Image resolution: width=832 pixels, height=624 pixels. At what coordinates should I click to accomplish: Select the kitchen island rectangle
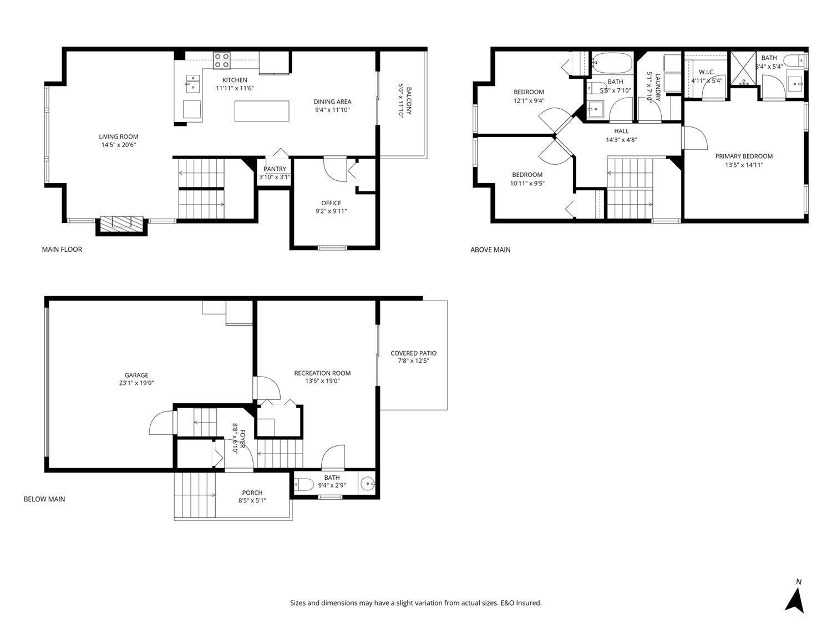click(262, 111)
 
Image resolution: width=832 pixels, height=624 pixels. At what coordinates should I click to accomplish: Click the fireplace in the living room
click(122, 224)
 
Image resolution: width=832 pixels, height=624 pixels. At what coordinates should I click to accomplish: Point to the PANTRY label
click(275, 169)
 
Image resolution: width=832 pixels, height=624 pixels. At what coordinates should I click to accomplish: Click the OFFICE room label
click(331, 203)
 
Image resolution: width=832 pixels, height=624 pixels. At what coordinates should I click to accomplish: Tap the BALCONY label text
click(409, 101)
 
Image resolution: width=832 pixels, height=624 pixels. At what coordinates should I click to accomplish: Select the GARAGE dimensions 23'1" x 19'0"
click(136, 383)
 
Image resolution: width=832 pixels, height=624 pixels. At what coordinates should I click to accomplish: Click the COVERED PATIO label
click(413, 353)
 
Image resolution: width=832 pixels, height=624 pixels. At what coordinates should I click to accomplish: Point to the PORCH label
click(252, 493)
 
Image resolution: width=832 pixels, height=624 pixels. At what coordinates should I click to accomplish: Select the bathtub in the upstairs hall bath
click(612, 63)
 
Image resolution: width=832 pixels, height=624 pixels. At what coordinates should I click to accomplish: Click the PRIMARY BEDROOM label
click(744, 156)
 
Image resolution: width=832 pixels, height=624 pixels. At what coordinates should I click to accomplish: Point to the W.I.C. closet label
click(706, 72)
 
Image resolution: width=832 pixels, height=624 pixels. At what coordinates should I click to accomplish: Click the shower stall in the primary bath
click(744, 68)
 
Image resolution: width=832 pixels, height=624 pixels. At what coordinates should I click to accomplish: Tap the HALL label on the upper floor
click(621, 131)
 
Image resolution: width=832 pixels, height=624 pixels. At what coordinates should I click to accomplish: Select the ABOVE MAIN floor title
click(490, 250)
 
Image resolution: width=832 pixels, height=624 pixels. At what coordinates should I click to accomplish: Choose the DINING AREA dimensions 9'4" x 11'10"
click(332, 110)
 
